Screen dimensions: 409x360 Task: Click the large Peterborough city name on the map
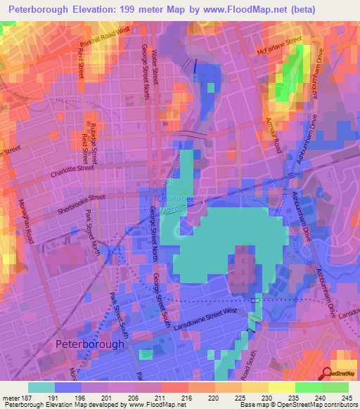(90, 344)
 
